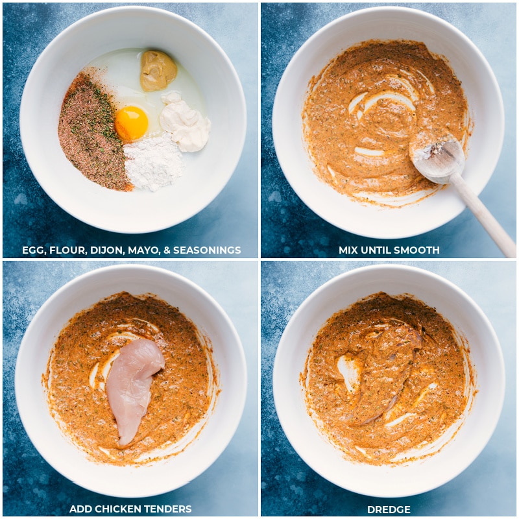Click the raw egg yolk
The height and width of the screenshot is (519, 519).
132,123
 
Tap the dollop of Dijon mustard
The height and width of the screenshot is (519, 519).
158,71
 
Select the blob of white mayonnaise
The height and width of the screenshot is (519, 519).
185,122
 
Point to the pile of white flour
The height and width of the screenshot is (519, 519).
153,163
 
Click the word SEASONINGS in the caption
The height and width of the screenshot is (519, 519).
207,250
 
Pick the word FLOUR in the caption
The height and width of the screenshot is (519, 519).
67,250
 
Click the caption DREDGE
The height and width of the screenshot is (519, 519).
389,509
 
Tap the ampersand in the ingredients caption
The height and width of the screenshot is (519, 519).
167,250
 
